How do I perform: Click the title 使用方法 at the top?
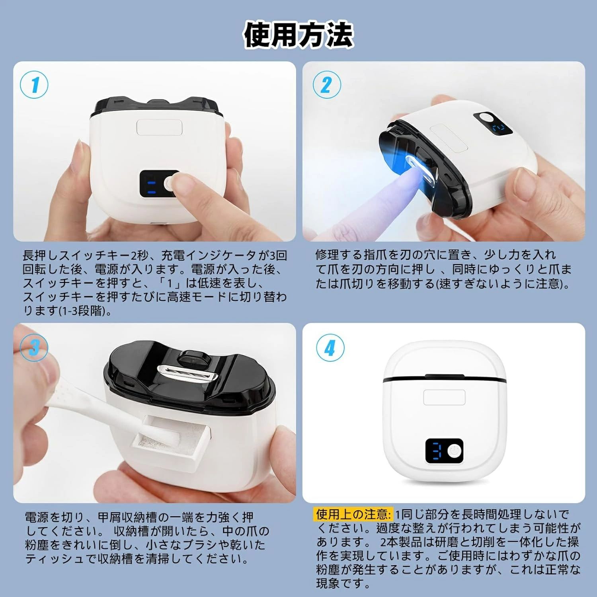(x=298, y=35)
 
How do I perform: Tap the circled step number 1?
(x=34, y=85)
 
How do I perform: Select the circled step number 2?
(x=326, y=85)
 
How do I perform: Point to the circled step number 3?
(x=34, y=347)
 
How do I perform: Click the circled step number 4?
(x=330, y=347)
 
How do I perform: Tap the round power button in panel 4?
(x=454, y=451)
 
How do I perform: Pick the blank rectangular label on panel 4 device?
(x=445, y=397)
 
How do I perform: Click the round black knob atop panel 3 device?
(x=194, y=359)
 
